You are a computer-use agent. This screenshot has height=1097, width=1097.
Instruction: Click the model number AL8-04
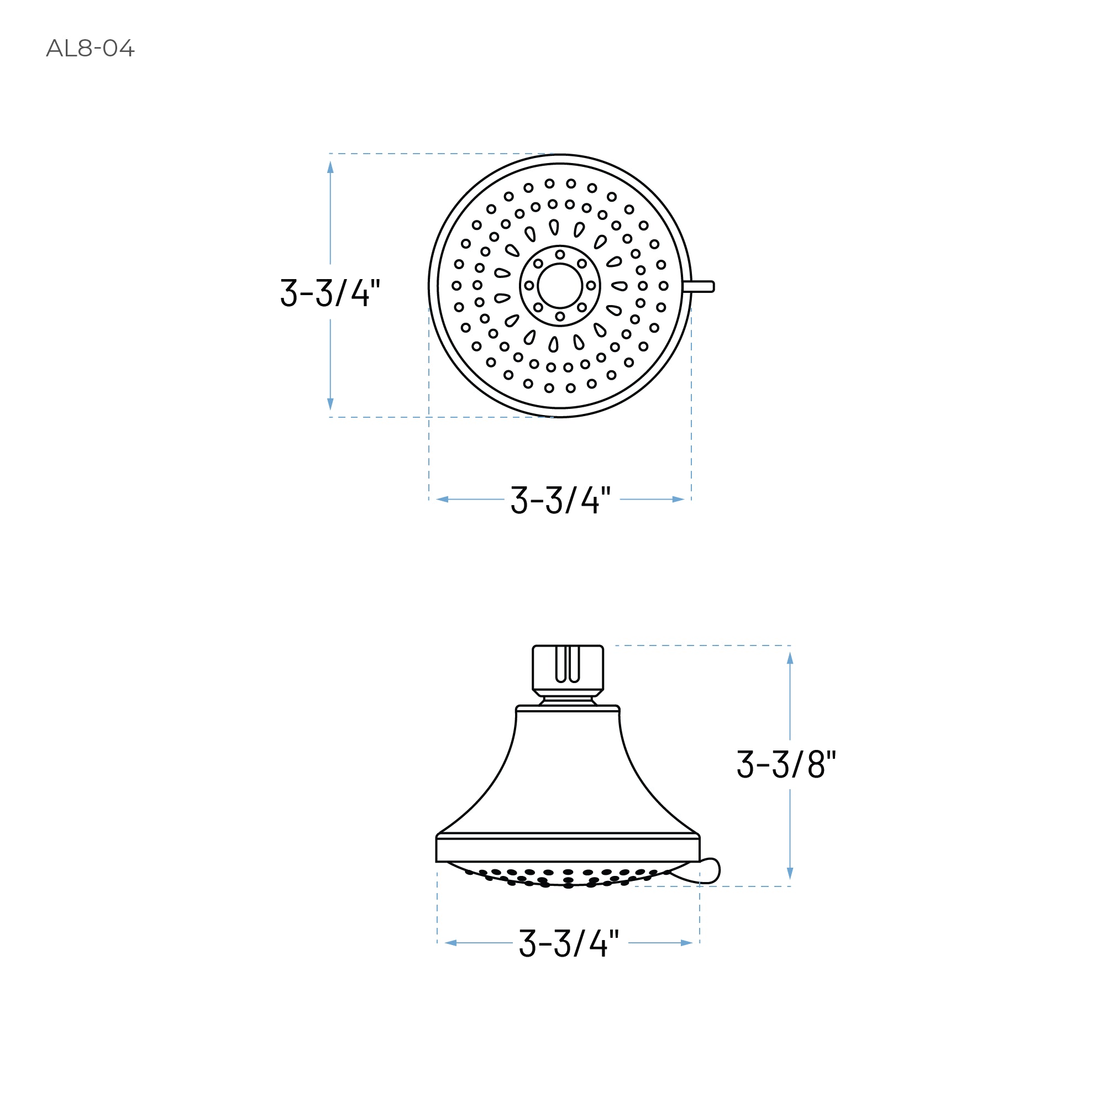tap(90, 48)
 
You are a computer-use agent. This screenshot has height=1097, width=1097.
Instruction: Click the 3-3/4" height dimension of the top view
tap(330, 292)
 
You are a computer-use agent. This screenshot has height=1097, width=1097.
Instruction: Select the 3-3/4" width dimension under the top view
tap(560, 500)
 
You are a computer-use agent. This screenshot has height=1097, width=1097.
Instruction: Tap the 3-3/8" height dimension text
tap(786, 764)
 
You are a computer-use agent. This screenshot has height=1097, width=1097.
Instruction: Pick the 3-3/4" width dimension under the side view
tap(569, 943)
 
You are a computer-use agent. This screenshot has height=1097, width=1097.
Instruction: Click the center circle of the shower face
tap(560, 286)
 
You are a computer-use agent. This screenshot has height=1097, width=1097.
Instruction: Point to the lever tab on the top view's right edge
tap(700, 286)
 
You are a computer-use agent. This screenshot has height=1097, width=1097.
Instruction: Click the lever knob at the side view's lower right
tap(707, 871)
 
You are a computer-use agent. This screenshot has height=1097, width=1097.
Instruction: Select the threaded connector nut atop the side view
tap(567, 668)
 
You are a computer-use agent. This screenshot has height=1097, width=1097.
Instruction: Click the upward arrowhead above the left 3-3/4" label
tap(330, 167)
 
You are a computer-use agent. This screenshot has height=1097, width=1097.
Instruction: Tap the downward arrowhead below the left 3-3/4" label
tap(330, 404)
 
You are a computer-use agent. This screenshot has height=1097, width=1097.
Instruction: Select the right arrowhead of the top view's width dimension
tap(679, 500)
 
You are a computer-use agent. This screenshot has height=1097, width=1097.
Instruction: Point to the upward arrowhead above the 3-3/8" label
tap(790, 658)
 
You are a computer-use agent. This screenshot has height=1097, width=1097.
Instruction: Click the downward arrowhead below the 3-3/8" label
tap(790, 873)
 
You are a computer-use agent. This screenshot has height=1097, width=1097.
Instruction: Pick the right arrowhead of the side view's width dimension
tap(686, 943)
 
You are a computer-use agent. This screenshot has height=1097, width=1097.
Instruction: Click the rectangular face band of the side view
tap(568, 849)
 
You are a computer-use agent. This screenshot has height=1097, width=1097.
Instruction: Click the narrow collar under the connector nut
tap(568, 700)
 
